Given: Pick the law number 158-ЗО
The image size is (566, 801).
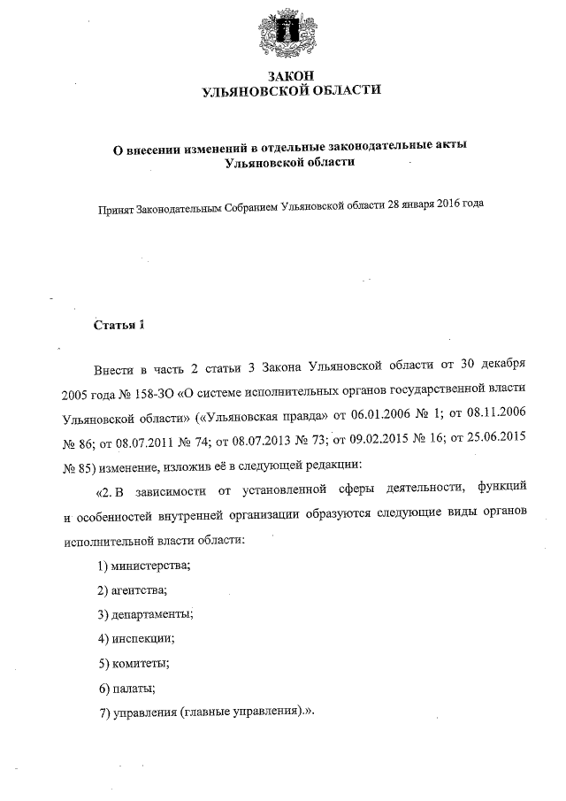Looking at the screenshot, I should coord(163,389).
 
